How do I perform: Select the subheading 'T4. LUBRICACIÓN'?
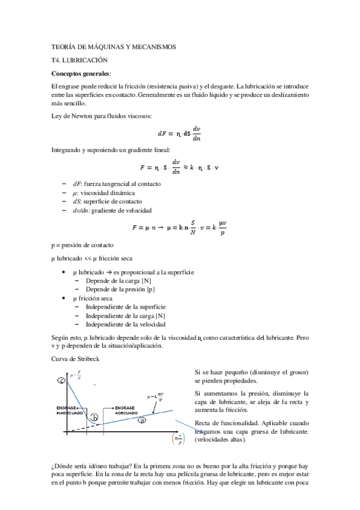(79, 61)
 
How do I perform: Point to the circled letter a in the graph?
(142, 420)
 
